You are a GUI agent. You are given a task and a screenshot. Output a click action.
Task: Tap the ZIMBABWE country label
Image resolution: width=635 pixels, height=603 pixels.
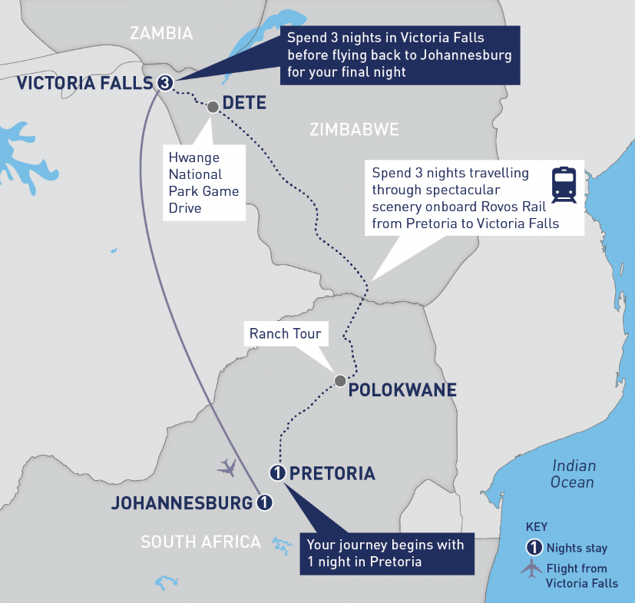354,130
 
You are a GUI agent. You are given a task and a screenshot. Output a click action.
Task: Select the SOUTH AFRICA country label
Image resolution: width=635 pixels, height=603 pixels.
200,542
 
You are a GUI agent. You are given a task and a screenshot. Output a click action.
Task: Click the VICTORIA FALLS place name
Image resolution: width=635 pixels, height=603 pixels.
84,83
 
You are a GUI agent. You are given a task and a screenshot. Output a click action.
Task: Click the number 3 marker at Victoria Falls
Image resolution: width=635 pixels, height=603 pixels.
164,83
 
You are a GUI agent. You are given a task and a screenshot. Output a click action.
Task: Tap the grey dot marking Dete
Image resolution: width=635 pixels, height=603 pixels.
213,108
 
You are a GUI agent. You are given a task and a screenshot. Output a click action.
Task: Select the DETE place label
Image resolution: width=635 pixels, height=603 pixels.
244,102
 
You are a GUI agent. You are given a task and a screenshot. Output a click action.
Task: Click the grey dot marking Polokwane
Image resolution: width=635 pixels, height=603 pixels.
339,380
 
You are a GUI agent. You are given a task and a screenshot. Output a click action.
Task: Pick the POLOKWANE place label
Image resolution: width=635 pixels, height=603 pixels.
402,390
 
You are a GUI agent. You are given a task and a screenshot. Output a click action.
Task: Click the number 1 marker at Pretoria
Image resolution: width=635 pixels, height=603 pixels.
278,472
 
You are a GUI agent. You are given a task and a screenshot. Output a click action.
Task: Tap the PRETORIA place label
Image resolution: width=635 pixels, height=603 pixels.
332,473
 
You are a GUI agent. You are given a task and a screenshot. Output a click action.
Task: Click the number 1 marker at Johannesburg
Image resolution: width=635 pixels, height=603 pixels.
263,503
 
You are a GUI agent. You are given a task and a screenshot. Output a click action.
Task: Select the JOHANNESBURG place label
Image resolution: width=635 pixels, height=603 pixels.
182,504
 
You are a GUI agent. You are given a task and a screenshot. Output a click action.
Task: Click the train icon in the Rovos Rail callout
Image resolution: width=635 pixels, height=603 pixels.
564,184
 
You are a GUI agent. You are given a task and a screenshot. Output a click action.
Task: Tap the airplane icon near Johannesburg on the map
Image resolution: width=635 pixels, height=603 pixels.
227,466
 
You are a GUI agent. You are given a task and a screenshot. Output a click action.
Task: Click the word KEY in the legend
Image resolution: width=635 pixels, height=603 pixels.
537,528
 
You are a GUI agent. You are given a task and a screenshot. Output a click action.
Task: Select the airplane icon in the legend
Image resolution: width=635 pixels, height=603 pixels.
531,569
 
